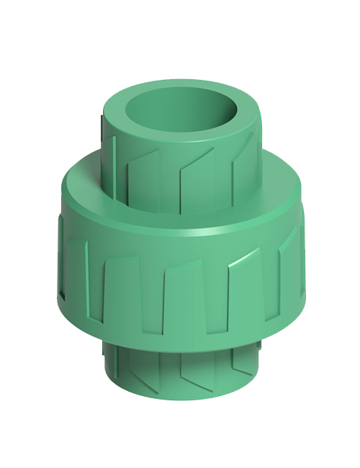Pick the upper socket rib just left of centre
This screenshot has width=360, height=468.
point(156,173)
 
